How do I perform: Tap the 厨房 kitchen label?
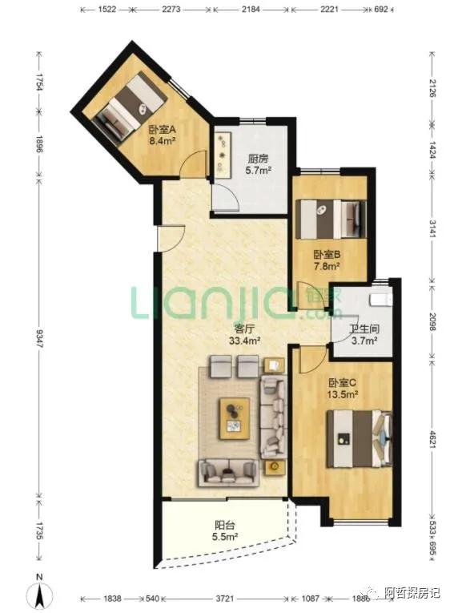coord(258,159)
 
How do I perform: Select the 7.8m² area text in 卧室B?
coord(327,267)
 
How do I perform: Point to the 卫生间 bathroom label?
coord(364,329)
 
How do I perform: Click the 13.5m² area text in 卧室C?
coord(343,394)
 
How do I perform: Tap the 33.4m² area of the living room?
coord(244,341)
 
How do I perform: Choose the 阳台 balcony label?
coord(225,525)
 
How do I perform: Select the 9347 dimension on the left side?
coord(39,339)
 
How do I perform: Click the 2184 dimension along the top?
coord(251,9)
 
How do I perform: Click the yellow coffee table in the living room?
coord(235,418)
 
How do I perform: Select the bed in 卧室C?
coord(360,438)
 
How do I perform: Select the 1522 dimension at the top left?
coord(106,9)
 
